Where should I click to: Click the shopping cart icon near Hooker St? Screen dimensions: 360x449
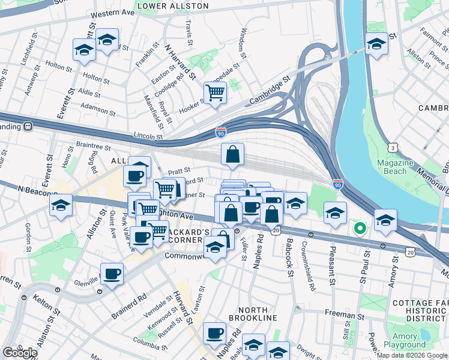pos(214,92)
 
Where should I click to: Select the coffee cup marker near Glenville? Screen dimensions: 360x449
pos(112,274)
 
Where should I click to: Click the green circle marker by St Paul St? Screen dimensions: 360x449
pos(360,228)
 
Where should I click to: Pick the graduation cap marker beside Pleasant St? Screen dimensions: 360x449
pos(335,212)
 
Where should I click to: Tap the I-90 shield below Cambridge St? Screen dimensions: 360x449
pos(221,132)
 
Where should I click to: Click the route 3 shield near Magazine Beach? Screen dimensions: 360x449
pos(392,147)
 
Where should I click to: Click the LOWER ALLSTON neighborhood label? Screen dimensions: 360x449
pos(173,6)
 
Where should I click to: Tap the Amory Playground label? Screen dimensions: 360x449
pos(409,341)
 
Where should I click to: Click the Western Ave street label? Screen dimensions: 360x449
pos(112,12)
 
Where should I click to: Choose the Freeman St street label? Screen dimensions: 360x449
pos(345,313)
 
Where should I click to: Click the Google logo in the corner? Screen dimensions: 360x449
pos(19,353)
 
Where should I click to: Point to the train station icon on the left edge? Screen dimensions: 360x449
pos(27,127)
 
